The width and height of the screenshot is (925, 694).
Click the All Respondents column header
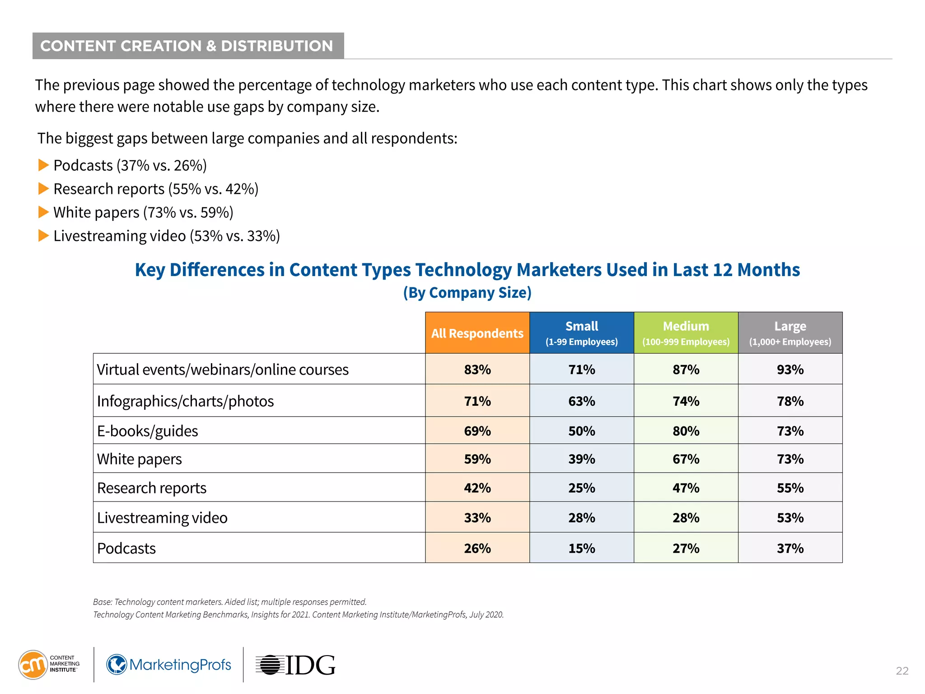[477, 333]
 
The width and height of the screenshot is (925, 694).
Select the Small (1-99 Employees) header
[581, 333]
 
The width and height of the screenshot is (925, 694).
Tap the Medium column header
[686, 333]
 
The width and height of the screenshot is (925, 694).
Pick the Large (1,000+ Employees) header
[790, 333]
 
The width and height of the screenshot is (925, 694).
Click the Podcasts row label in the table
[126, 548]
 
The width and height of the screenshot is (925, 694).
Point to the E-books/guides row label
[148, 431]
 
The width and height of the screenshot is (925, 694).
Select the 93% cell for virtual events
[790, 370]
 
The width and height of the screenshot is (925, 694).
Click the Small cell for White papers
[581, 459]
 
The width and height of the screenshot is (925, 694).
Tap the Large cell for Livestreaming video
[790, 518]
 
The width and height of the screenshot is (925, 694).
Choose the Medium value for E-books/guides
[686, 431]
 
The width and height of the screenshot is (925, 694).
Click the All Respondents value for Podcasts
[477, 548]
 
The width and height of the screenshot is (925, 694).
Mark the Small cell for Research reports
[581, 488]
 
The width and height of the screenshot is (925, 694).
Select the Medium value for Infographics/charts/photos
[686, 401]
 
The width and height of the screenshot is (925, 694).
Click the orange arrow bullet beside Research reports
[43, 188]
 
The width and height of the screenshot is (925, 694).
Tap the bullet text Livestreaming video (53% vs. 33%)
[167, 236]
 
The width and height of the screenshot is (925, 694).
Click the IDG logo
[296, 665]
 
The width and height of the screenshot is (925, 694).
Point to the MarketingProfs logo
[169, 665]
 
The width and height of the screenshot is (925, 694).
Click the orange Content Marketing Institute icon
[33, 665]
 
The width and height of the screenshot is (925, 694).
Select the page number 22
[902, 671]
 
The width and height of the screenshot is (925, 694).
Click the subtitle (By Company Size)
[467, 293]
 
